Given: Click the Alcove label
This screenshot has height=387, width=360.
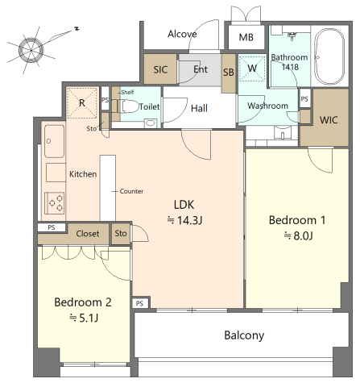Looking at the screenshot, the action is click(x=182, y=34).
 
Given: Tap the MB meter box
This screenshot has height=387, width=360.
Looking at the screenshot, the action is click(x=246, y=37).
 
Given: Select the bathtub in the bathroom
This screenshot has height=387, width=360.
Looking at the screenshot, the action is click(x=329, y=56).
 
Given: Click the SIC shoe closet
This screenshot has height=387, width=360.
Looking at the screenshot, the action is click(x=160, y=69).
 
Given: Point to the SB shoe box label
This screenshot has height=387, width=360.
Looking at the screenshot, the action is click(x=229, y=72).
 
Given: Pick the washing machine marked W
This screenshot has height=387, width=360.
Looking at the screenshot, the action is click(x=252, y=69).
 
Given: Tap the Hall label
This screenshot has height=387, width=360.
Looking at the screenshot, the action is click(x=199, y=108).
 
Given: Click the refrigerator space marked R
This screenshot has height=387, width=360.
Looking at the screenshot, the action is click(x=82, y=102).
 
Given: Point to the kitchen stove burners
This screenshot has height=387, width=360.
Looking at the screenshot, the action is click(x=55, y=202).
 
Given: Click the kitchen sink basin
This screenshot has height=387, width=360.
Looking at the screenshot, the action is click(x=54, y=141).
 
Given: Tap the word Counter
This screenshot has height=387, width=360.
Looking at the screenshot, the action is click(x=131, y=191).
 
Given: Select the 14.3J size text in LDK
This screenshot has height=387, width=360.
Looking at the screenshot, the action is click(x=184, y=220).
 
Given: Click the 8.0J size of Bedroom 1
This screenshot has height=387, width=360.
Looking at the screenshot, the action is click(x=298, y=235).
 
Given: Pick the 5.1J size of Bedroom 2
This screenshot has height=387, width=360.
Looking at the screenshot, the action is click(x=84, y=318).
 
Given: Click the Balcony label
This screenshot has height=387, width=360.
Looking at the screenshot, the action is click(x=244, y=335).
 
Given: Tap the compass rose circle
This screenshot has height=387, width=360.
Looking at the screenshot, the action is click(x=31, y=50).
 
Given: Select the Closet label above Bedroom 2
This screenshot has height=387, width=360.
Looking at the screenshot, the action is click(x=88, y=234).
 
